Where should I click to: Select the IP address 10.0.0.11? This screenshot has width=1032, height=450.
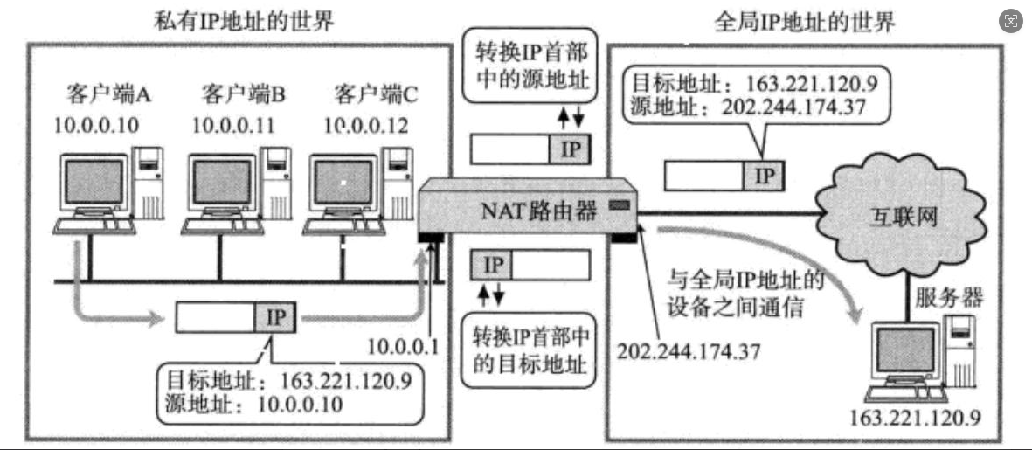coord(233,124)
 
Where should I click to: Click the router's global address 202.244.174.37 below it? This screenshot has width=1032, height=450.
coord(689,350)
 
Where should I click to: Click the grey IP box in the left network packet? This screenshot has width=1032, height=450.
coord(275,316)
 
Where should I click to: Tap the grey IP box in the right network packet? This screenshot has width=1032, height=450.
coord(765,175)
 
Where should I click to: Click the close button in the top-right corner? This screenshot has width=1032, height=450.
coord(1011,22)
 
